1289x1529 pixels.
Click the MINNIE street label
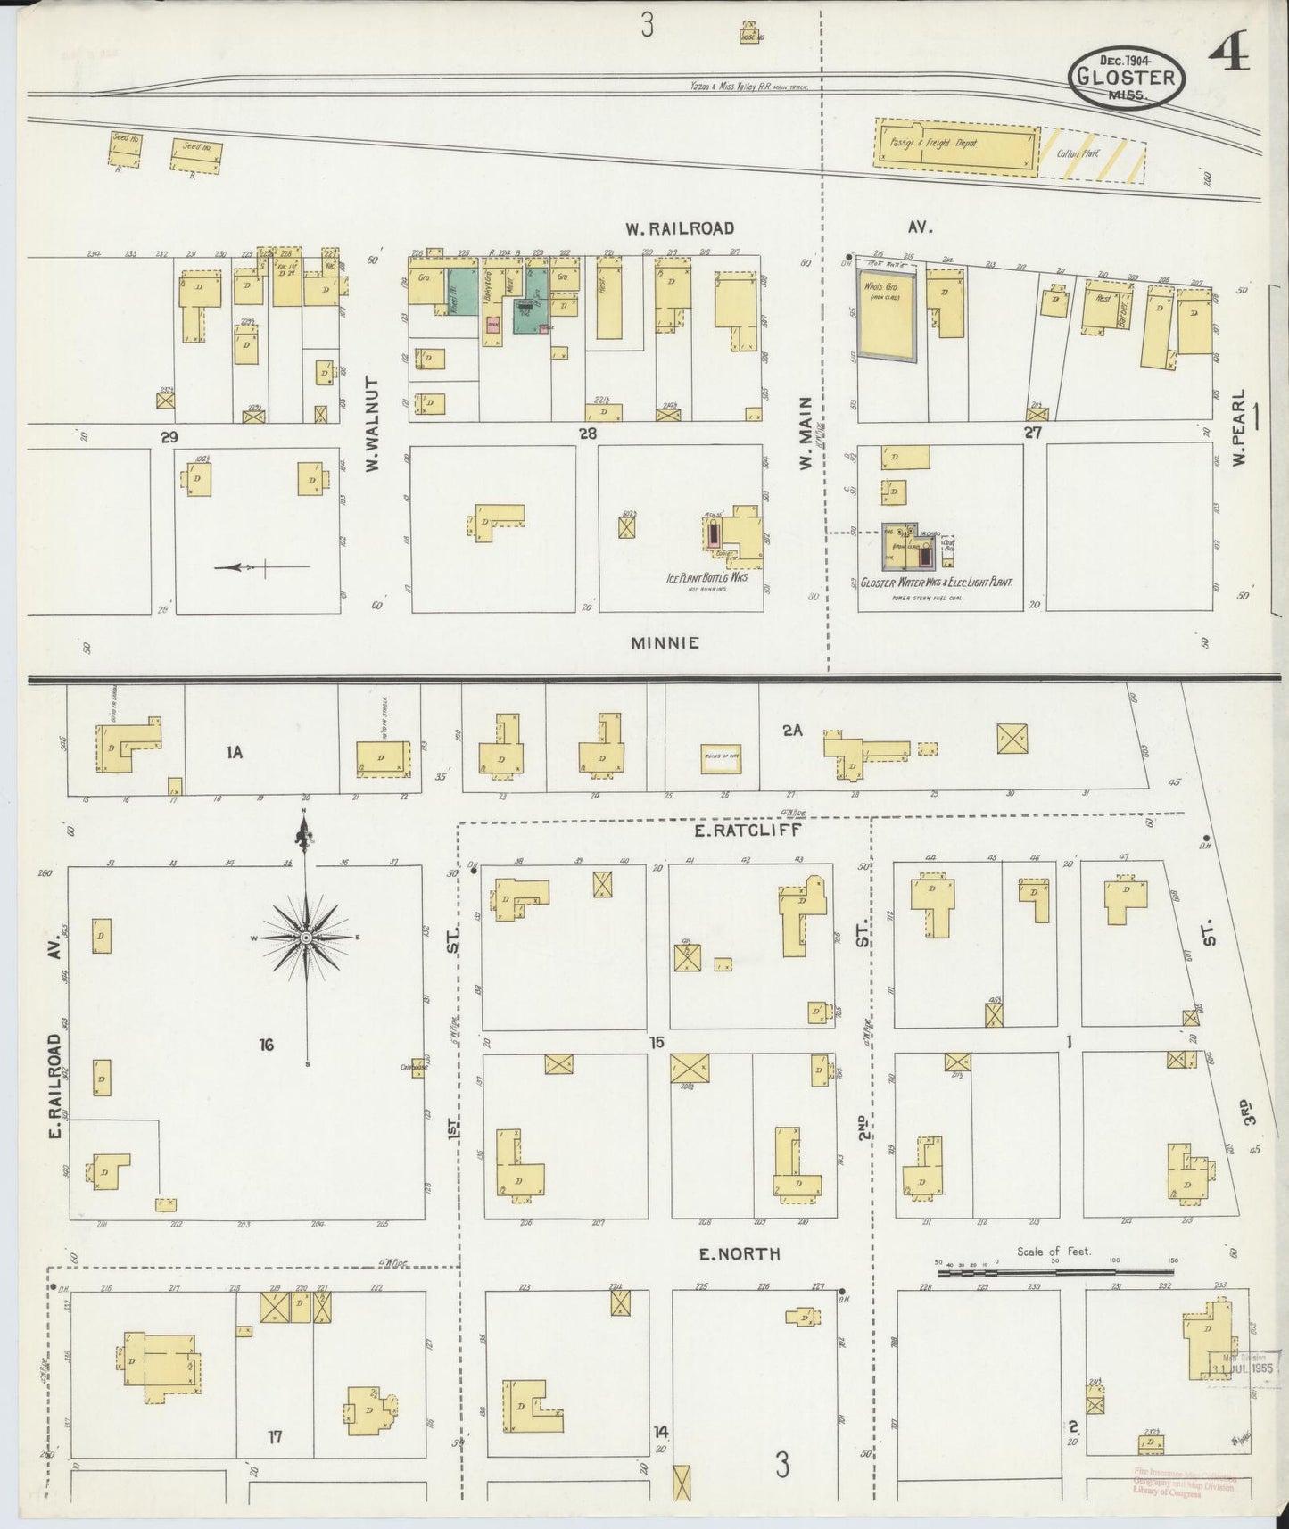[665, 642]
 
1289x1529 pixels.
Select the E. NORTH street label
[740, 1254]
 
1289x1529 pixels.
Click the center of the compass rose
[306, 938]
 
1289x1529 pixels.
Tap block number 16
[266, 1045]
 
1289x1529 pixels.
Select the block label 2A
[793, 731]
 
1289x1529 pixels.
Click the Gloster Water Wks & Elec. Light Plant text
[937, 581]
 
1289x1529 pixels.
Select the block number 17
[275, 1436]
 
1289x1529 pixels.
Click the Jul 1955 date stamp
[1245, 1366]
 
